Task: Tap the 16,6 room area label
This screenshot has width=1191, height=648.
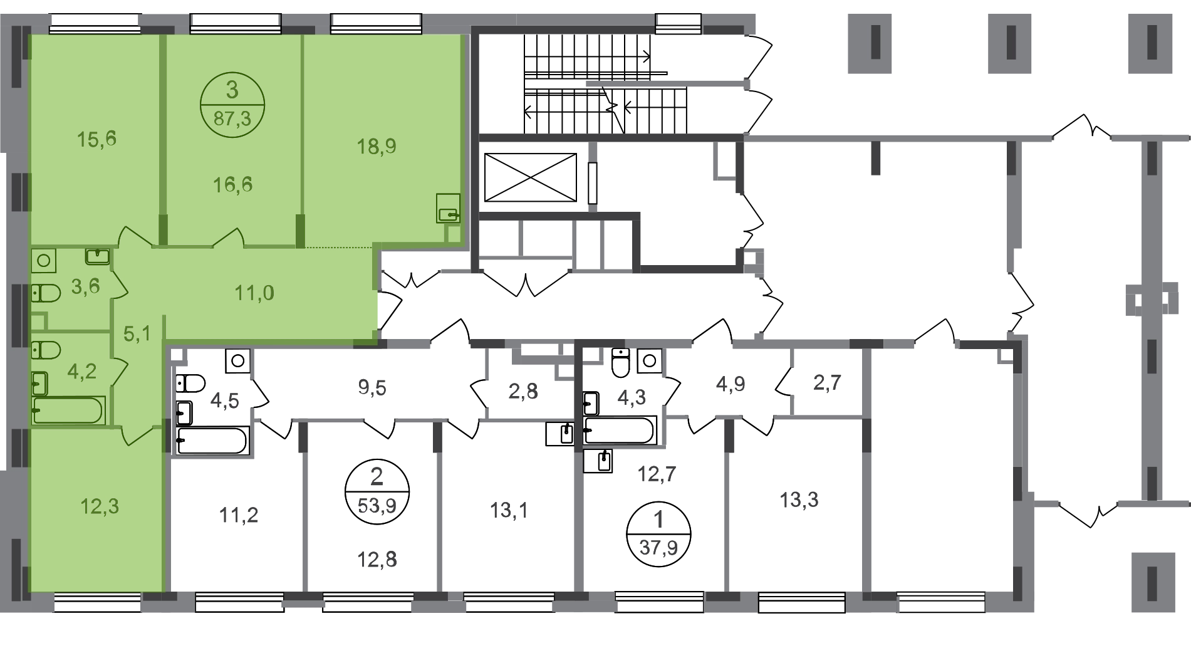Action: click(232, 185)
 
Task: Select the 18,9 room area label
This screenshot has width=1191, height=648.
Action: click(377, 147)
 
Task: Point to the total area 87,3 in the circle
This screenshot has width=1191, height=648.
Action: click(232, 118)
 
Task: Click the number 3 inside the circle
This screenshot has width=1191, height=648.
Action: click(232, 91)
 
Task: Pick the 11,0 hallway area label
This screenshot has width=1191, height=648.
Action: click(254, 293)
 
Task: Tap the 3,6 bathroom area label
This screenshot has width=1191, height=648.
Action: click(86, 286)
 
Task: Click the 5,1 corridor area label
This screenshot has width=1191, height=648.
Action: click(137, 334)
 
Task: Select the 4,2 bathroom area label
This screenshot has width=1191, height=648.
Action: click(82, 372)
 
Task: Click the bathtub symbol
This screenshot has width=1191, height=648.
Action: click(68, 410)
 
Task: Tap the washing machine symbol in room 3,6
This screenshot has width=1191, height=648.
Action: click(44, 260)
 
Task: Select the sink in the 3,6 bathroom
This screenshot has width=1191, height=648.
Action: click(97, 256)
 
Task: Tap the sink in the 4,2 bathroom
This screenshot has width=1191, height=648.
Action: click(39, 382)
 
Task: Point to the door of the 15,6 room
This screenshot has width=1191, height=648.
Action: click(134, 236)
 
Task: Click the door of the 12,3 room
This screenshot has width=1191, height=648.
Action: click(137, 434)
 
